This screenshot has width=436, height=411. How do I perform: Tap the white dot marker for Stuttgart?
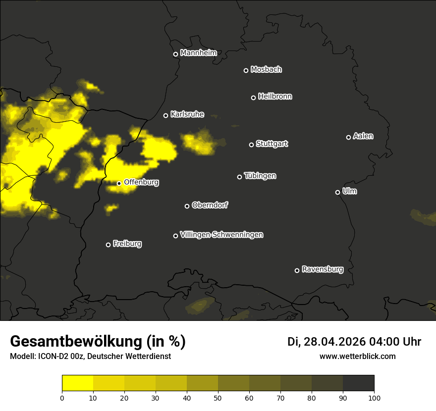click(251, 145)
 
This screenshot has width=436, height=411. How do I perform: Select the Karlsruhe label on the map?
click(187, 114)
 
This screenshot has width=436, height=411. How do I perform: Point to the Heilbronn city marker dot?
click(253, 98)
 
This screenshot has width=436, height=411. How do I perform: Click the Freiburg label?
click(127, 244)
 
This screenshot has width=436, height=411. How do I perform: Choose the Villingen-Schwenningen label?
click(221, 235)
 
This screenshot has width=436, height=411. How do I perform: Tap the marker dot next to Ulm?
click(337, 192)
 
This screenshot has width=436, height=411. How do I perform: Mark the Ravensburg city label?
click(322, 269)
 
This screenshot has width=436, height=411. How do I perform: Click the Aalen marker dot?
click(348, 137)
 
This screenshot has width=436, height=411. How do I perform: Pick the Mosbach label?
click(266, 70)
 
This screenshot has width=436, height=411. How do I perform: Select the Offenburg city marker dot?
click(119, 183)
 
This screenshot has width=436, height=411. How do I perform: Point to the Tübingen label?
click(260, 176)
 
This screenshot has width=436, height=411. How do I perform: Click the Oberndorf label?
click(210, 205)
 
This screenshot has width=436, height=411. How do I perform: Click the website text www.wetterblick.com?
click(357, 356)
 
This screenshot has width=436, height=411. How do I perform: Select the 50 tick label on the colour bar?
click(218, 398)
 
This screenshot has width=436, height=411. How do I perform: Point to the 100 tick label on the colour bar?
click(374, 398)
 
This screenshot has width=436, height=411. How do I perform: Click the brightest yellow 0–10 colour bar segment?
click(77, 383)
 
